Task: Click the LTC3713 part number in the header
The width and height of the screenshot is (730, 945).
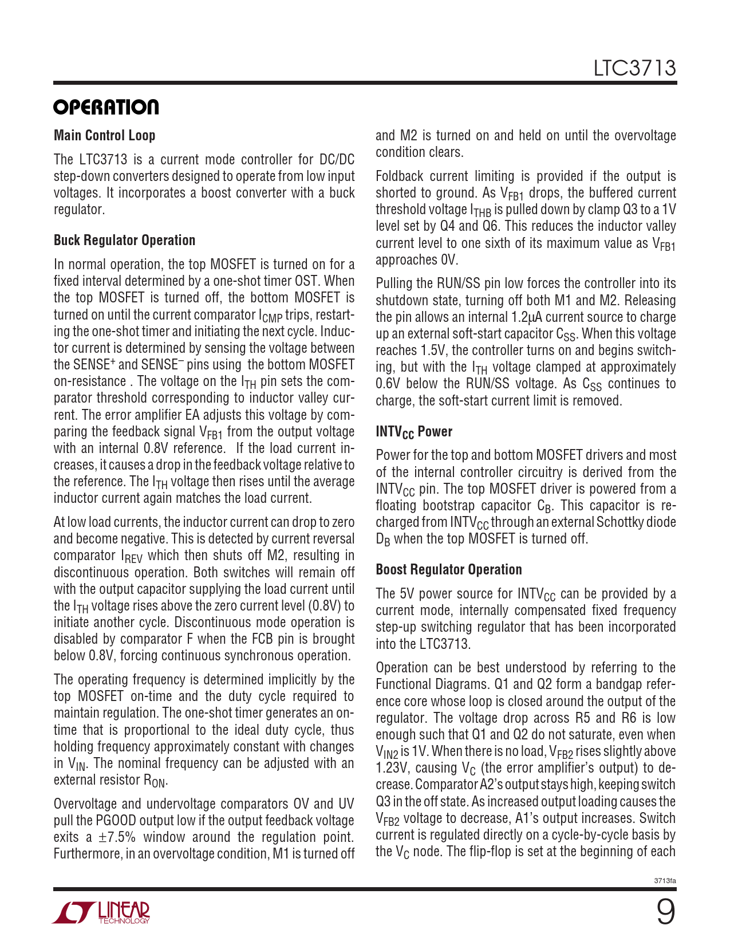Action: click(x=634, y=69)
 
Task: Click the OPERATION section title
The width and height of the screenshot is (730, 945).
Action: click(x=106, y=107)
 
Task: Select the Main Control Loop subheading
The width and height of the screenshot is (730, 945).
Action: click(x=104, y=135)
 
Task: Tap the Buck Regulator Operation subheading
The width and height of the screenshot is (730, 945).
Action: click(x=124, y=240)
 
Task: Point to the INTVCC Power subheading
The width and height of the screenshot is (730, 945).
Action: click(x=413, y=432)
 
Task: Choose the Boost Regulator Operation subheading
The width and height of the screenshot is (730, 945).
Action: click(x=448, y=569)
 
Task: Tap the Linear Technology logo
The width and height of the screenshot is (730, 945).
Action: click(x=102, y=912)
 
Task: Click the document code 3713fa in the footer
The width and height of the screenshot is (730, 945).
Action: click(x=665, y=880)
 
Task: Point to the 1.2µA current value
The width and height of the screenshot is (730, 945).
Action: click(x=527, y=317)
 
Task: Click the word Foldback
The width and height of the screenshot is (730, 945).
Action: click(x=400, y=176)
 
